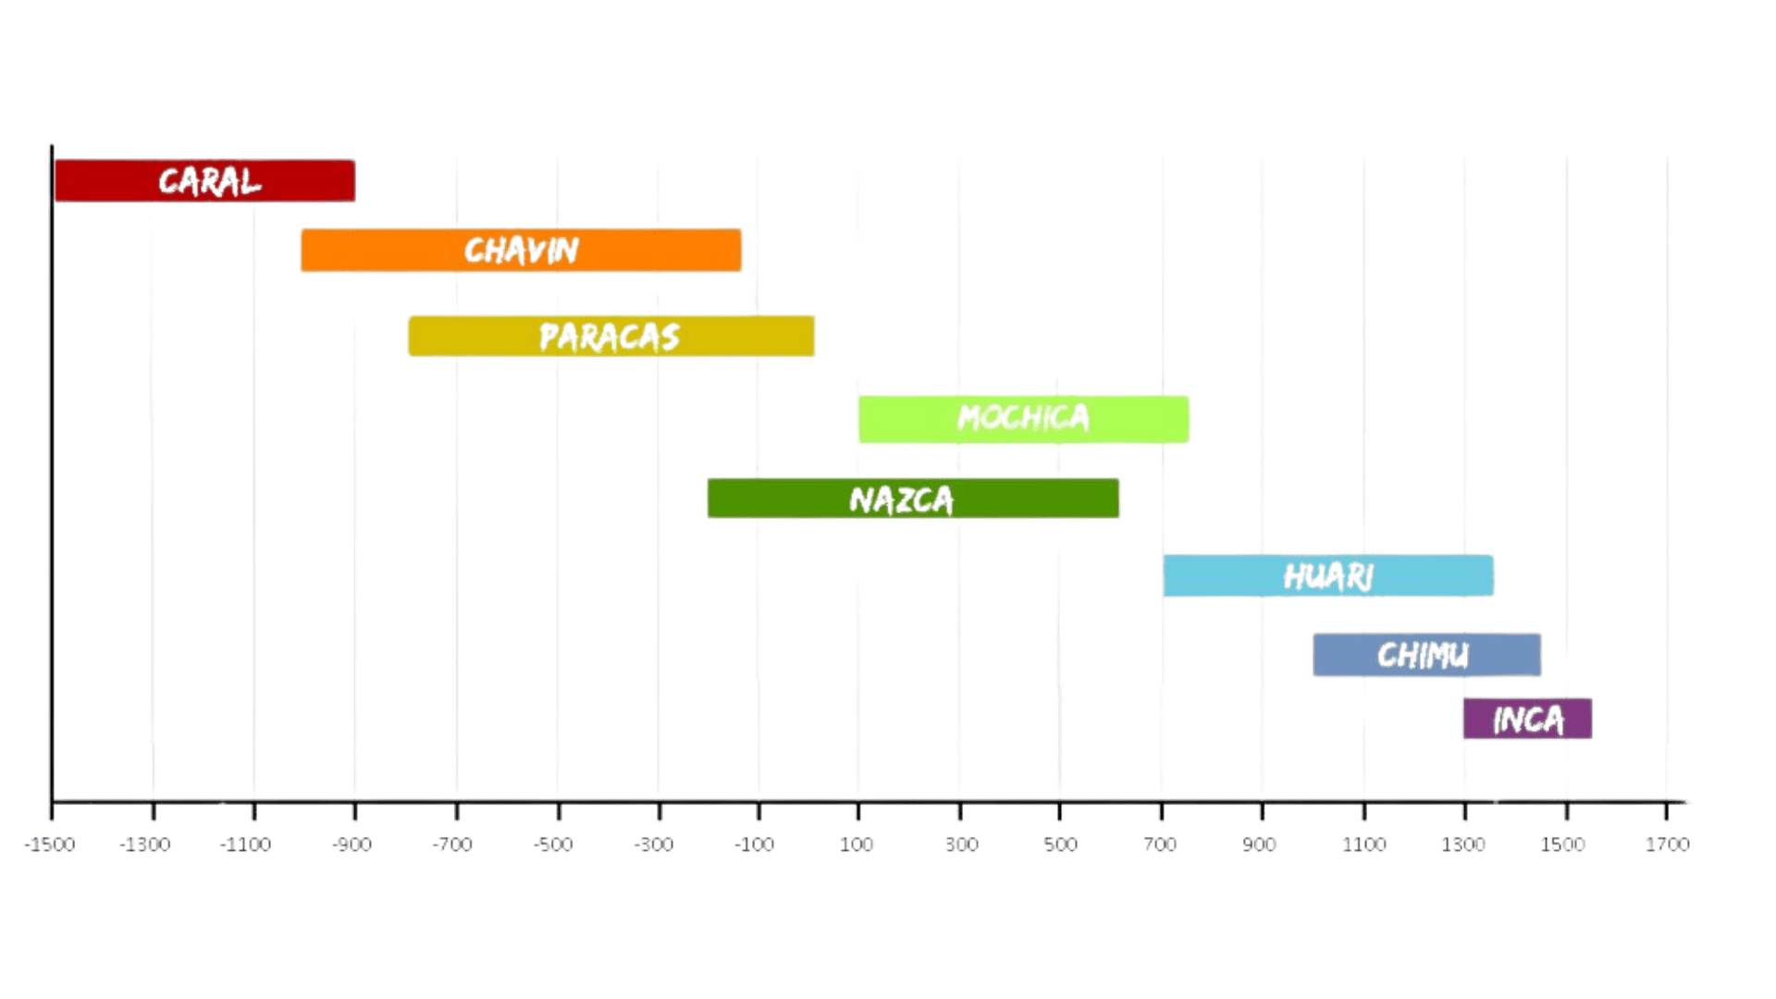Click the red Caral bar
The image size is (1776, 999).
pyautogui.click(x=205, y=180)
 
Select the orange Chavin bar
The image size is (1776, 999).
pyautogui.click(x=521, y=250)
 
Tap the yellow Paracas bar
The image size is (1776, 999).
pyautogui.click(x=611, y=336)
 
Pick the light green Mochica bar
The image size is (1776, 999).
pyautogui.click(x=1023, y=419)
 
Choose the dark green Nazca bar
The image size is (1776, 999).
pyautogui.click(x=913, y=499)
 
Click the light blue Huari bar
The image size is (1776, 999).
pyautogui.click(x=1328, y=575)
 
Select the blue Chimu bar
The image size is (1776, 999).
pyautogui.click(x=1426, y=655)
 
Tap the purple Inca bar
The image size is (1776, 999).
pyautogui.click(x=1527, y=719)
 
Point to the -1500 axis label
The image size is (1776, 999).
pyautogui.click(x=50, y=845)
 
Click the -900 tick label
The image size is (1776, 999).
pyautogui.click(x=352, y=845)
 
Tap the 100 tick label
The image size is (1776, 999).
pyautogui.click(x=857, y=845)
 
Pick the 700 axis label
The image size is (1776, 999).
pyautogui.click(x=1160, y=845)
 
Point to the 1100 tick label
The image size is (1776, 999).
pyautogui.click(x=1363, y=845)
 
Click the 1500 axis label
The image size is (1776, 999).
pyautogui.click(x=1565, y=845)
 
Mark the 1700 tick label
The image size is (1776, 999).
pyautogui.click(x=1667, y=845)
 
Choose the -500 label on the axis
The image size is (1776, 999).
pyautogui.click(x=554, y=845)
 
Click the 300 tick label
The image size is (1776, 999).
pyautogui.click(x=959, y=845)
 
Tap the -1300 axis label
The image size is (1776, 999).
pyautogui.click(x=149, y=845)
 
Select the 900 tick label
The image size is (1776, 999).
pyautogui.click(x=1260, y=845)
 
